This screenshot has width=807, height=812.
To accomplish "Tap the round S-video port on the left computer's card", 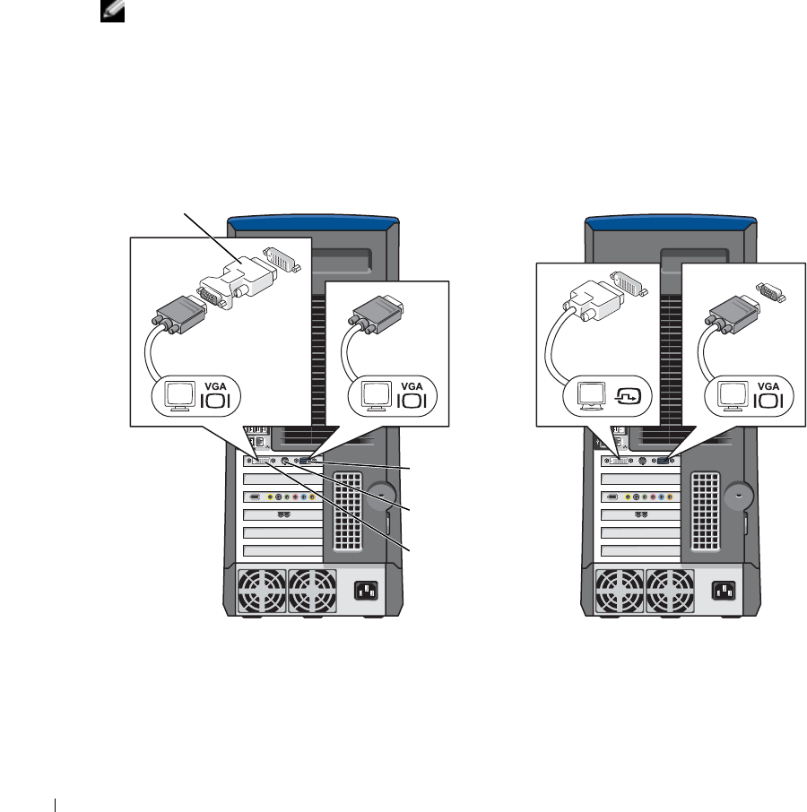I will click(x=284, y=462).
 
